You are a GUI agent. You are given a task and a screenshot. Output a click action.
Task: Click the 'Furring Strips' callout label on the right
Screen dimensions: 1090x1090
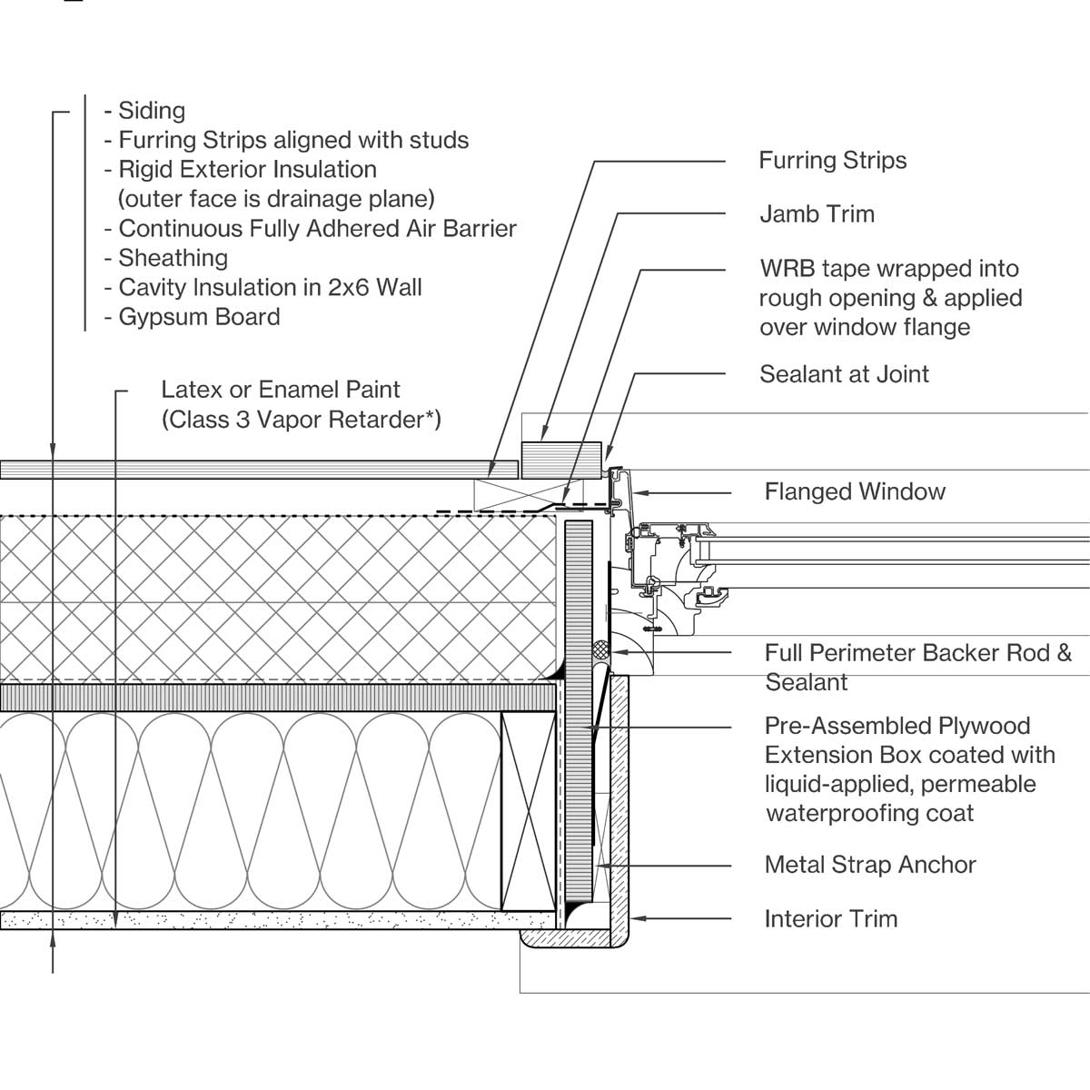[x=832, y=161]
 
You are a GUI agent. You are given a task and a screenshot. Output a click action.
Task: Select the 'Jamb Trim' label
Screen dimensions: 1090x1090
[x=817, y=214]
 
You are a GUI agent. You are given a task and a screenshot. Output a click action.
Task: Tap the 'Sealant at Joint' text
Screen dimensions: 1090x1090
[x=844, y=374]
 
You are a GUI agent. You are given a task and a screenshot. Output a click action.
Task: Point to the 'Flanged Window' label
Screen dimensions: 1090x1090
[x=855, y=492]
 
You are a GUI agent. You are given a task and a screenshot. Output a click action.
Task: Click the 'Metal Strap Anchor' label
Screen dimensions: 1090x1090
[x=870, y=865]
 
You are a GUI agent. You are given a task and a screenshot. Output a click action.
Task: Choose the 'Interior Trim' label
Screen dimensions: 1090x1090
[x=830, y=919]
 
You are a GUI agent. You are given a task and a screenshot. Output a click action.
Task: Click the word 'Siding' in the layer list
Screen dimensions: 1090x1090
[x=152, y=111]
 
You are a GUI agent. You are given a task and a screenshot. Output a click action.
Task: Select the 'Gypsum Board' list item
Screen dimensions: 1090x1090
[x=199, y=317]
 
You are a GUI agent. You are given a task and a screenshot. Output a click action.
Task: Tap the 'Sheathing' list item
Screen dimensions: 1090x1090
[x=173, y=258]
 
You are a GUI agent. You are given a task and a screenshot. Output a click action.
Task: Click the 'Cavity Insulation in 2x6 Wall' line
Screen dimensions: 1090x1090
[x=270, y=288]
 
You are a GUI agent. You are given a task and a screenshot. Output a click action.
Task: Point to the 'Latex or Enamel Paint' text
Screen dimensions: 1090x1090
[x=280, y=390]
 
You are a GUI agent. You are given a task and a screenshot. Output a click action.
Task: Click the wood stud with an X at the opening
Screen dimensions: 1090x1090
[x=528, y=811]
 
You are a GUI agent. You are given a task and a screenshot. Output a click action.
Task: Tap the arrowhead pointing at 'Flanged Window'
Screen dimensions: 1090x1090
[x=639, y=493]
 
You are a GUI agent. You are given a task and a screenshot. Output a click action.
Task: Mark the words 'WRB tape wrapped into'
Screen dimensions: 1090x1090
[x=888, y=269]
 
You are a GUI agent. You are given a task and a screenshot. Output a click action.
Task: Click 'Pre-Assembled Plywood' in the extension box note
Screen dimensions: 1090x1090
[x=897, y=726]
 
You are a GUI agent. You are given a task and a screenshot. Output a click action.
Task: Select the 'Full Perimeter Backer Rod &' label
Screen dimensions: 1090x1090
[x=917, y=653]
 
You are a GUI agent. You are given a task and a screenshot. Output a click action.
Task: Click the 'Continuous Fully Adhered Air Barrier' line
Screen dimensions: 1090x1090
[x=317, y=229]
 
